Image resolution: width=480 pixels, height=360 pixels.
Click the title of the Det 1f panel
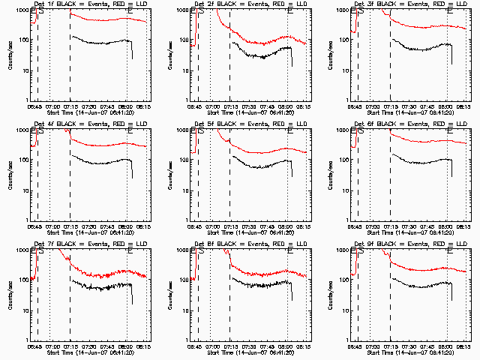tap(91, 4)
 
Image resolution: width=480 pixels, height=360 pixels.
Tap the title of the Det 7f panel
tap(91, 244)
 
